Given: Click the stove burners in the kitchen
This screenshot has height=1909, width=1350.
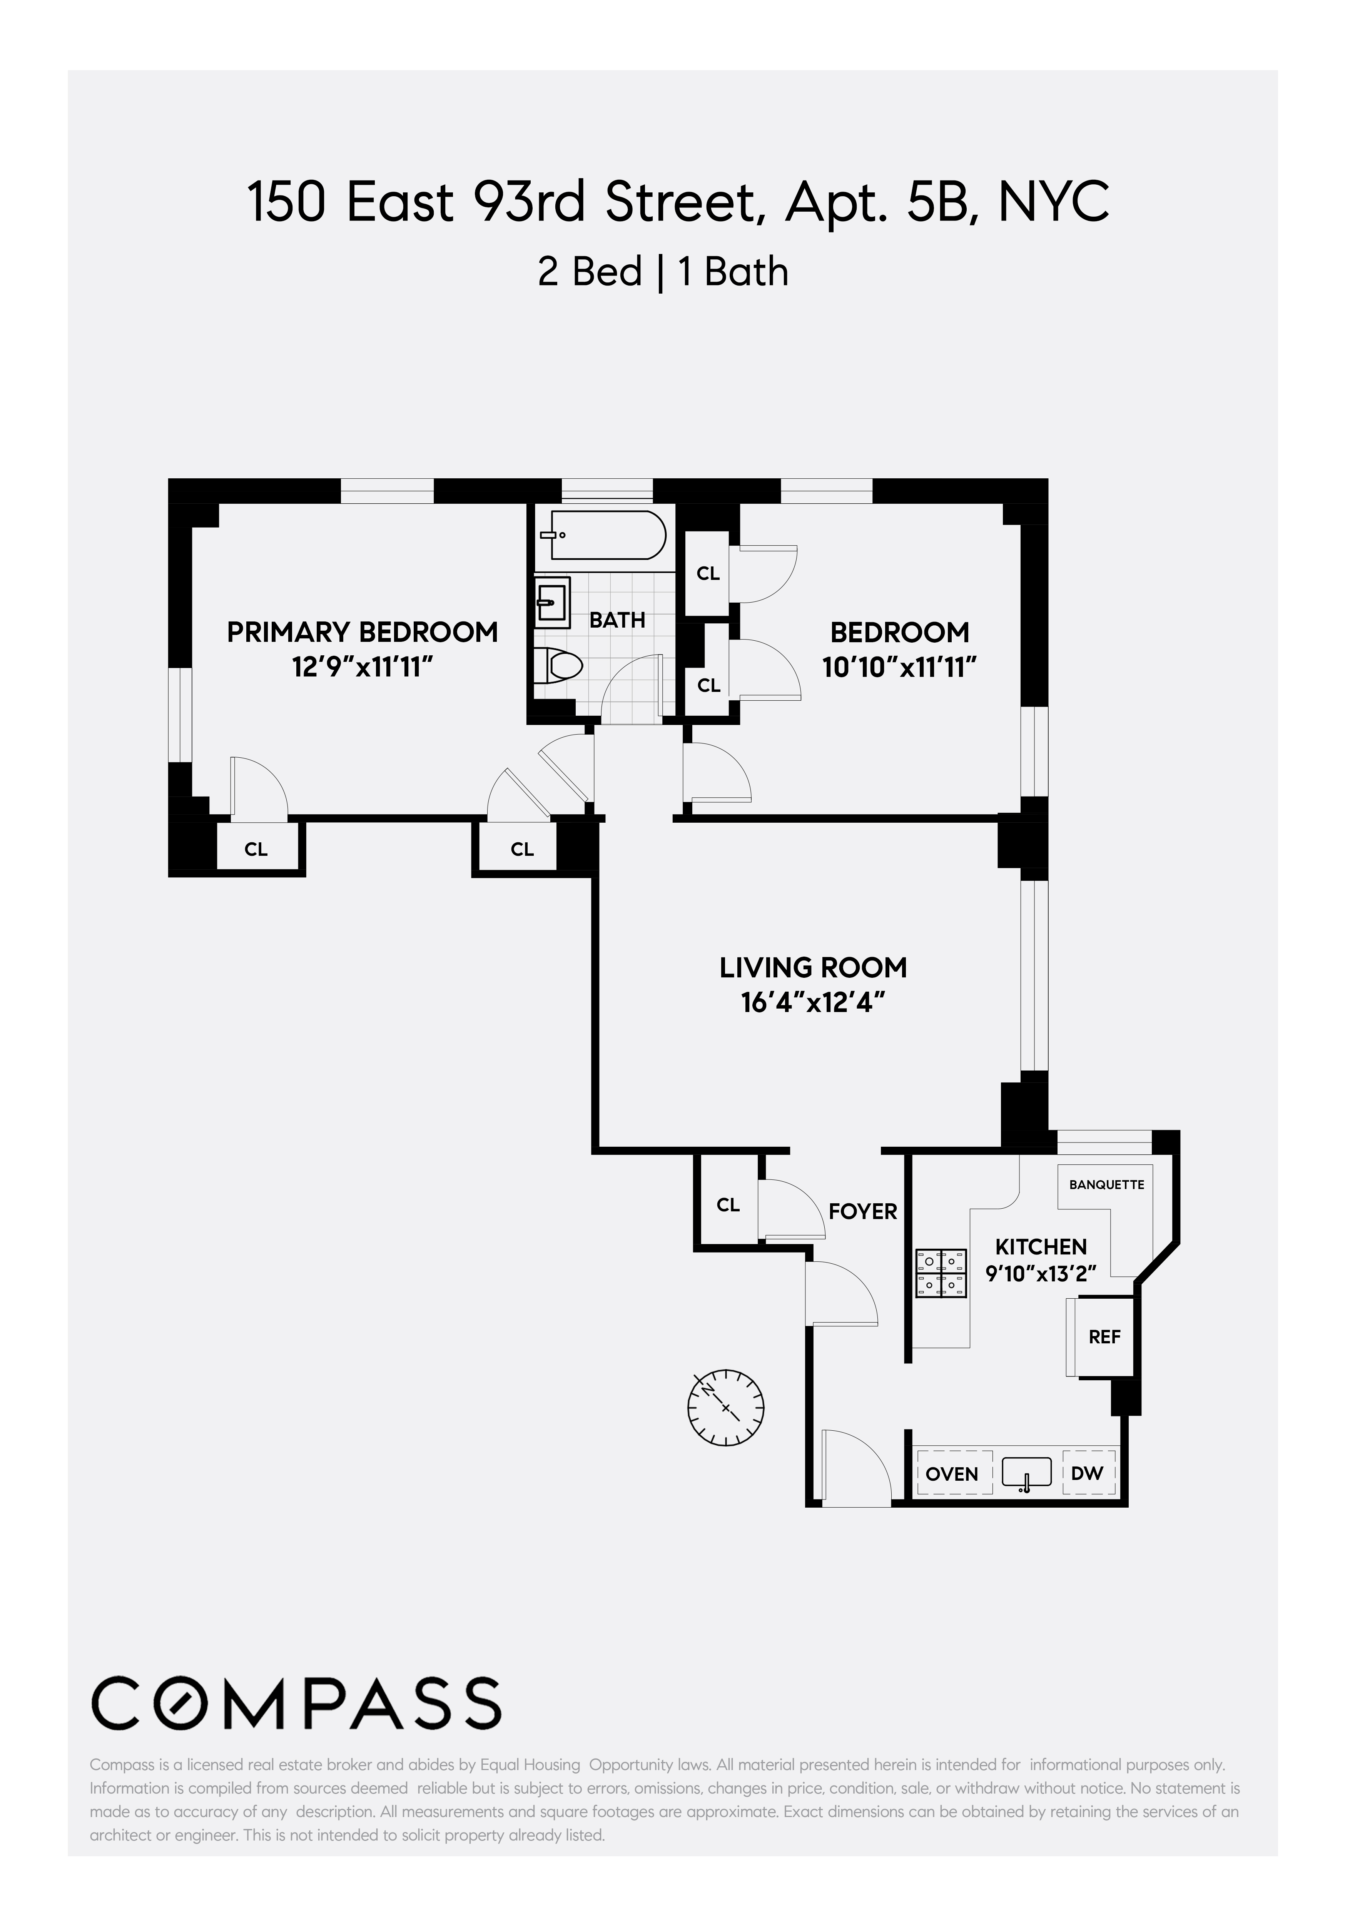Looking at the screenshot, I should (x=942, y=1273).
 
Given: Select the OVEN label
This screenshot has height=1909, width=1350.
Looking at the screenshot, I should (x=952, y=1474).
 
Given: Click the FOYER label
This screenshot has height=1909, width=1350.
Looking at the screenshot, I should (x=863, y=1211).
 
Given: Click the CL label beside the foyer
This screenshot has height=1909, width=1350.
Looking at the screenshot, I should (x=728, y=1205).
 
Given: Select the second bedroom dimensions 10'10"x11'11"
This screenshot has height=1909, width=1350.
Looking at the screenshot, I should (x=899, y=667).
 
